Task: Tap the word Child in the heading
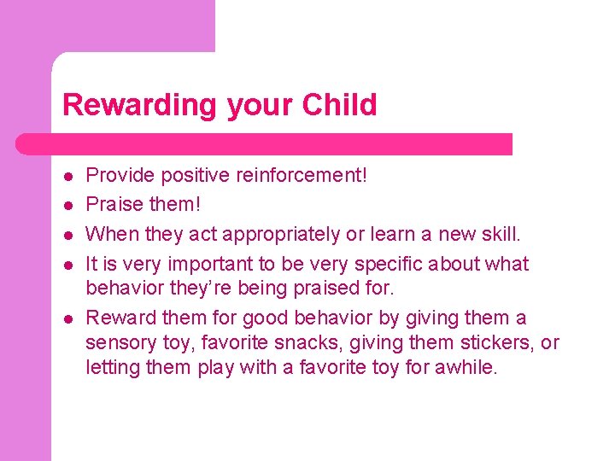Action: click(337, 105)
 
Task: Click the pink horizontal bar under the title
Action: click(282, 144)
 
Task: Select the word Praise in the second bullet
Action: click(114, 204)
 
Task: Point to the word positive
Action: click(196, 176)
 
